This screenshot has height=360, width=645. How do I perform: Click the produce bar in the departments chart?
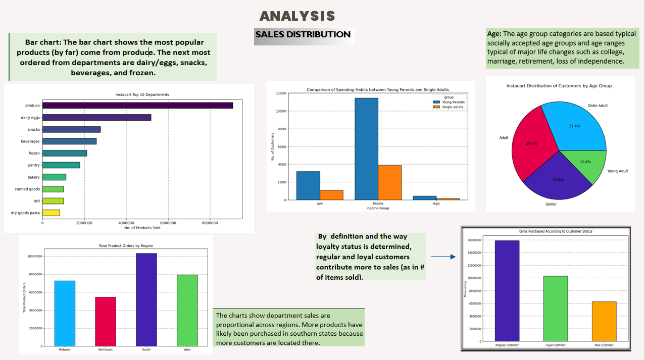(137, 106)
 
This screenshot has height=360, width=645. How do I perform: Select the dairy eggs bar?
(96, 118)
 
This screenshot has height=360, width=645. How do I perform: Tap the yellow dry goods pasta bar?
(51, 213)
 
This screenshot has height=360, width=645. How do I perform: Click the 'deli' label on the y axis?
(36, 201)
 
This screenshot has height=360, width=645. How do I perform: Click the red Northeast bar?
(106, 321)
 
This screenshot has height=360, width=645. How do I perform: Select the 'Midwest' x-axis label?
(65, 349)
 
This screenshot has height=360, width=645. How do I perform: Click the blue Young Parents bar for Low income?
(308, 185)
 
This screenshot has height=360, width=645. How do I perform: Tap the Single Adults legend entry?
(452, 107)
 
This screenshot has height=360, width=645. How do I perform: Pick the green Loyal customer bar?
(555, 308)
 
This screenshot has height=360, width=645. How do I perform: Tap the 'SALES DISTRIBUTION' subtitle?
(303, 35)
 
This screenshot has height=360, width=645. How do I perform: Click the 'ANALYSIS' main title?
(297, 16)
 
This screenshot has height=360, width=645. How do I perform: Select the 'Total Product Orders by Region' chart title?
(125, 245)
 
